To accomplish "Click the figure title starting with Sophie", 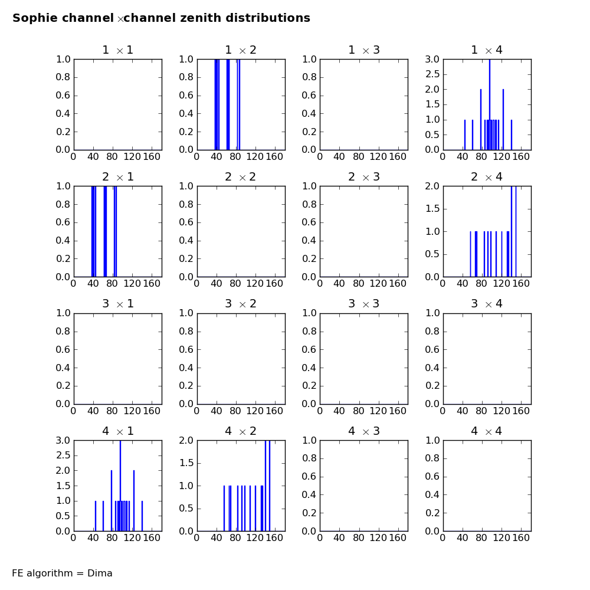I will coord(161,18).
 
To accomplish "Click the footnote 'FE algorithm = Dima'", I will coord(62,573).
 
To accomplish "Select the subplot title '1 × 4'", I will coord(487,50).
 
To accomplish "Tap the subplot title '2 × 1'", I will coord(117,177).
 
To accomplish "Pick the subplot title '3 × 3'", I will coord(363,304).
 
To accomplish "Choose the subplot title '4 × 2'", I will coord(241,431).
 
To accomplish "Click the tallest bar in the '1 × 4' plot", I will coord(489,104).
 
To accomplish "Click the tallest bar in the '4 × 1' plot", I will coord(120,486).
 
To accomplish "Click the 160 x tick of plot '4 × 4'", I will coord(520,538).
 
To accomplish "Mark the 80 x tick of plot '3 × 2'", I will coord(235,411).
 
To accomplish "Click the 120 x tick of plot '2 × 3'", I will coord(378,284).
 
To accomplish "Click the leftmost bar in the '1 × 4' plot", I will coord(465,135).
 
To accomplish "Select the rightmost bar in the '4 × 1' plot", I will coord(142,516).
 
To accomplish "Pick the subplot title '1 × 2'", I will coord(241,50).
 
